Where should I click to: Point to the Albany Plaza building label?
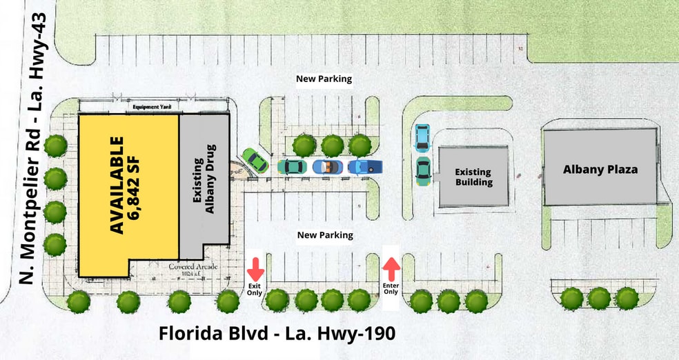click(x=600, y=169)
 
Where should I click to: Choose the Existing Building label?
click(x=473, y=177)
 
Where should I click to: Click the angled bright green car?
click(x=255, y=161)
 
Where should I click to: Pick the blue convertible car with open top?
click(x=328, y=166)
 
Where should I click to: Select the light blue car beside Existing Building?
click(x=422, y=138)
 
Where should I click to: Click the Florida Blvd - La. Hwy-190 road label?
click(x=277, y=334)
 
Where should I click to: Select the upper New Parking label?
click(x=324, y=79)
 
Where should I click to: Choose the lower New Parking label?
click(x=325, y=235)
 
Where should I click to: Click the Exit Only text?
click(x=255, y=289)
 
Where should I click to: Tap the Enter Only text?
click(x=391, y=288)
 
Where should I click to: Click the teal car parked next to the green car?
click(x=292, y=166)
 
